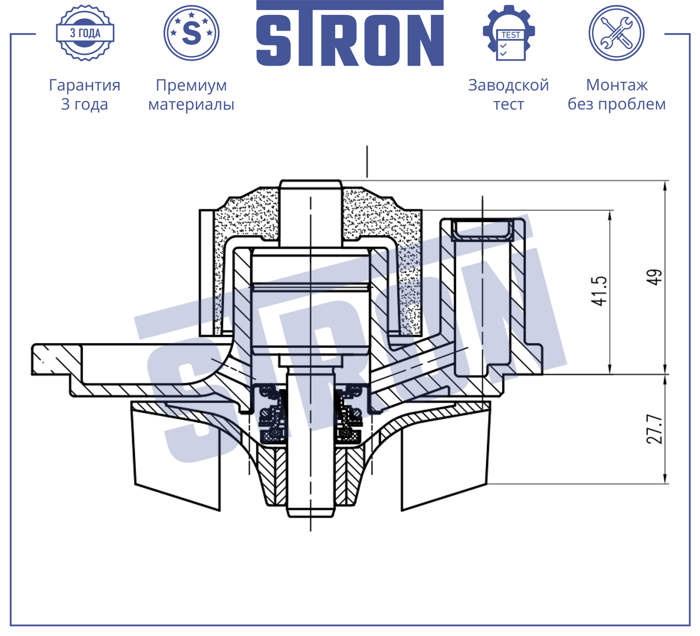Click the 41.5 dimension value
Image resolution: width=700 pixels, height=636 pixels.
pos(600,291)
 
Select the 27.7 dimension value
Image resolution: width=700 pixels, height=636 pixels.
pos(654,429)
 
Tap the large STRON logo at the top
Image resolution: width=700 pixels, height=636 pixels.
pos(350,33)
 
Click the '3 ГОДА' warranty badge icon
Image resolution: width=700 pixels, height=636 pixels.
pos(85,33)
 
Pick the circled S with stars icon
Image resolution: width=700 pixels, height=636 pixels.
pos(191,33)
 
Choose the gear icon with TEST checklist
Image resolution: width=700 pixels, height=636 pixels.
pos(509,33)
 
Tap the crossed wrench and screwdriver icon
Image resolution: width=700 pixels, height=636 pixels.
pos(616,33)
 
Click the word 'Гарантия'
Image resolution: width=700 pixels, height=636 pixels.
pos(85,85)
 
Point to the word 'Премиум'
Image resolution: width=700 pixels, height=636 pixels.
pos(191,86)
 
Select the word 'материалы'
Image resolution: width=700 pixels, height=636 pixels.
pos(191,104)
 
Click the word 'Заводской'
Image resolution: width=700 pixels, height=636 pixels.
pos(509,85)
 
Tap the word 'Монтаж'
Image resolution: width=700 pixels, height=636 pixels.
pos(617,85)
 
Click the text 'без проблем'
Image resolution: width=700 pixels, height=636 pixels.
pos(617,104)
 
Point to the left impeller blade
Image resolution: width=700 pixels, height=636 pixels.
pos(177,455)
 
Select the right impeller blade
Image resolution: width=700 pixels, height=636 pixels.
pos(445,455)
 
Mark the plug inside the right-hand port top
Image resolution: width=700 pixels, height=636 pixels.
pos(483,230)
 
